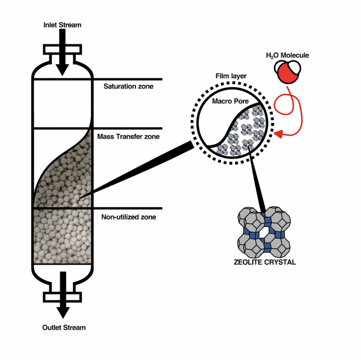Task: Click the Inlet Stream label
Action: click(62, 25)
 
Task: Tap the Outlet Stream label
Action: click(64, 328)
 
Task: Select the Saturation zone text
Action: click(128, 87)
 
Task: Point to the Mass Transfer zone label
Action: click(128, 137)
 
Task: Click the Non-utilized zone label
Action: click(128, 217)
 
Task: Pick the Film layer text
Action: click(231, 76)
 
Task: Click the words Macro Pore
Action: click(230, 101)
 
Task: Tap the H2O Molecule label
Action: click(287, 55)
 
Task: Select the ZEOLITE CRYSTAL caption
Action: click(265, 262)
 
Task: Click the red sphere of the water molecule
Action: click(287, 75)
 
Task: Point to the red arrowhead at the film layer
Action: click(279, 134)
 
